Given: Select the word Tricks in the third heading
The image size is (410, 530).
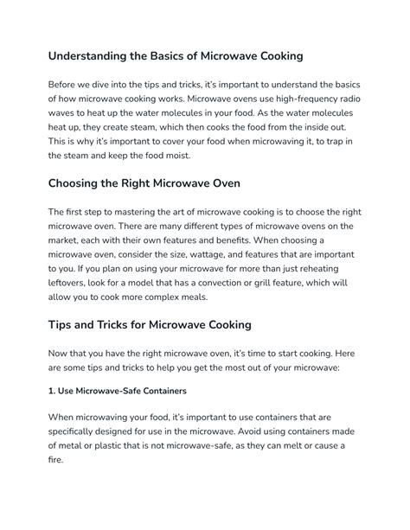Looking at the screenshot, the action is tap(138, 325).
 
